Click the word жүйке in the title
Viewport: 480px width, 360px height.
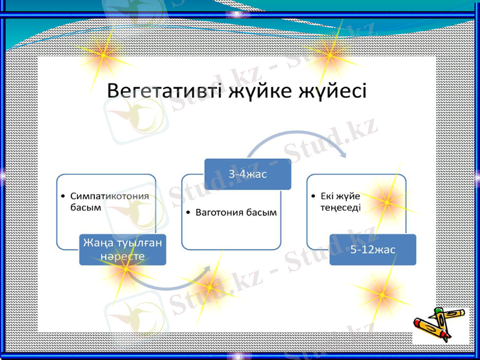(261, 91)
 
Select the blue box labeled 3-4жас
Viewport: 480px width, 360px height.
(248, 174)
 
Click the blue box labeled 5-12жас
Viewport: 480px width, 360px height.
(373, 250)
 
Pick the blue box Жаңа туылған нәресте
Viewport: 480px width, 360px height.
(123, 250)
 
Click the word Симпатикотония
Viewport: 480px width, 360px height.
(109, 196)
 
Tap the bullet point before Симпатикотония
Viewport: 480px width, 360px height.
(64, 196)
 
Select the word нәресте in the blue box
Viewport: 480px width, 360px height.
(123, 256)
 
